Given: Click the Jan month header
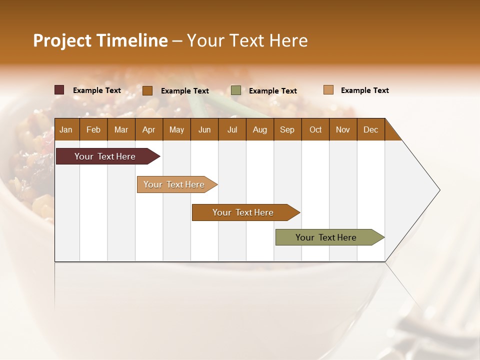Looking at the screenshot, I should point(66,129).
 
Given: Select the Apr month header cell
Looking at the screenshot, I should point(148,129).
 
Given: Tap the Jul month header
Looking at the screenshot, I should point(232,129).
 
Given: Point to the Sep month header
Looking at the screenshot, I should point(287,129).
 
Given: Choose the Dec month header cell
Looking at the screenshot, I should point(370,129).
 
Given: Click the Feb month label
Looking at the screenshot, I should point(93,129).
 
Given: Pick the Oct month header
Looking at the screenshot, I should point(315,129).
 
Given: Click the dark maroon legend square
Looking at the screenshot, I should point(59,90).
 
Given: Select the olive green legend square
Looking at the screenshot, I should point(236,90).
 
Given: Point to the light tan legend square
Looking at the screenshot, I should point(328,90).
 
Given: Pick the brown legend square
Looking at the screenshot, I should point(147,90).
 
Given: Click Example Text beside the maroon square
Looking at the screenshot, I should point(97,90).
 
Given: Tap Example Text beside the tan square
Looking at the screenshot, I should point(365,90).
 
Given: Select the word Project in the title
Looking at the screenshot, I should point(62,40).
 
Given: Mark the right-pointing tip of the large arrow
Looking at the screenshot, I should point(439,190).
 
